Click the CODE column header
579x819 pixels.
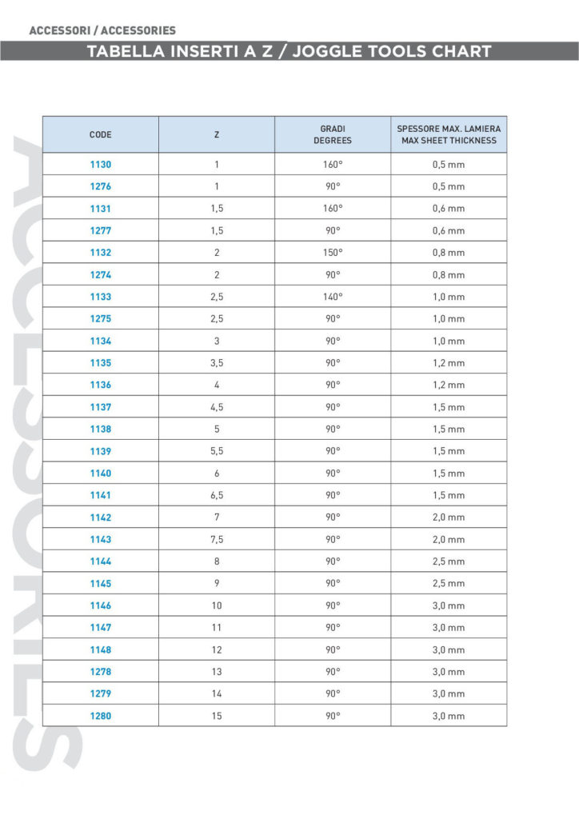point(101,134)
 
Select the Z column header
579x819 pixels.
point(217,134)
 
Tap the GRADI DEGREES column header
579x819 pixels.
point(333,134)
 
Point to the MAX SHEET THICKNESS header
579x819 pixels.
point(449,140)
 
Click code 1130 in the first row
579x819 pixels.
point(101,165)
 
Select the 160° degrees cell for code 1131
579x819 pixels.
point(333,209)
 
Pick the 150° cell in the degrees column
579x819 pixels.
point(333,253)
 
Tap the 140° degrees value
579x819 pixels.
point(333,297)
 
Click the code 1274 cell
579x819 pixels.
point(101,275)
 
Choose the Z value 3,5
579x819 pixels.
point(217,363)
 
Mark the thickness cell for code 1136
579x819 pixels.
point(449,385)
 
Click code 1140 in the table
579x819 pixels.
point(101,473)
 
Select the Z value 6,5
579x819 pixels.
point(217,495)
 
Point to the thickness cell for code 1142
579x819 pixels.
point(449,517)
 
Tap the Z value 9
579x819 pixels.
point(217,583)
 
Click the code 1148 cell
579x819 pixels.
point(101,649)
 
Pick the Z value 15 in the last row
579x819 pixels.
point(217,716)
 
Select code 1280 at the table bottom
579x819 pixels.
point(101,716)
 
